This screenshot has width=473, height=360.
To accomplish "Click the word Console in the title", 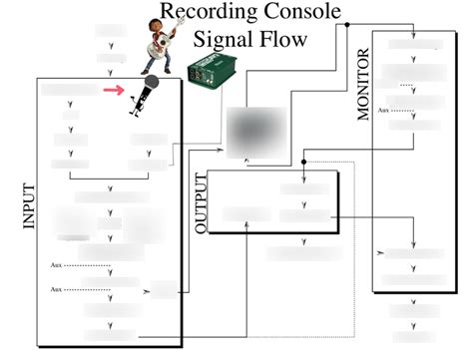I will click(303, 13).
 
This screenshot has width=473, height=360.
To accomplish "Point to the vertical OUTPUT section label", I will click(202, 203).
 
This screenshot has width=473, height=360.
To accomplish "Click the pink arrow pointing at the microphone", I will click(117, 90).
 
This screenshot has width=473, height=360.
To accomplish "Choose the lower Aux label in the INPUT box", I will click(57, 288).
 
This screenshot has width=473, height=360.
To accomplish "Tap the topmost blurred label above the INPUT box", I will click(110, 30).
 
